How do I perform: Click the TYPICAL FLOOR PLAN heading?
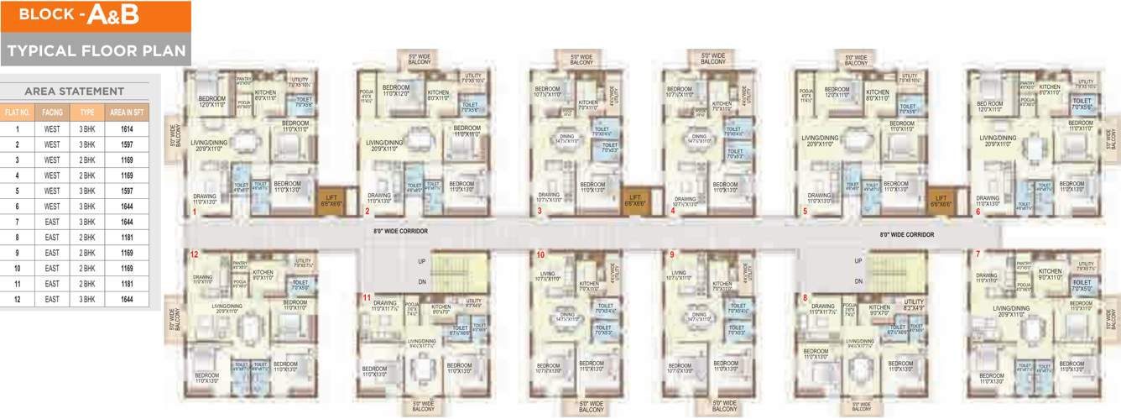(x=96, y=50)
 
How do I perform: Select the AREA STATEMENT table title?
(x=74, y=91)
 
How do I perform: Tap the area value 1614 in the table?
(x=127, y=129)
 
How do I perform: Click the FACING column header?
(x=52, y=112)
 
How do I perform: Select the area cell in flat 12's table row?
(x=127, y=299)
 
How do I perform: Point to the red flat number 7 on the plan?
(x=977, y=254)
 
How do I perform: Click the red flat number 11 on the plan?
(x=367, y=297)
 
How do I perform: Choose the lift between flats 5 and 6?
(x=941, y=200)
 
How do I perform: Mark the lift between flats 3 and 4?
(x=635, y=200)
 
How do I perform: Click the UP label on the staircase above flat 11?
(x=421, y=261)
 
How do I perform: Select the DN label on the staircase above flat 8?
(x=858, y=281)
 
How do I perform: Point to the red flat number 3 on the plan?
(x=540, y=212)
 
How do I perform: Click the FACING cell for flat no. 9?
(x=52, y=252)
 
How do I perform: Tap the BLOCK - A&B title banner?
(x=96, y=15)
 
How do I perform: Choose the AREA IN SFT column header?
(x=127, y=112)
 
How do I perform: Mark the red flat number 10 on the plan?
(x=540, y=254)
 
